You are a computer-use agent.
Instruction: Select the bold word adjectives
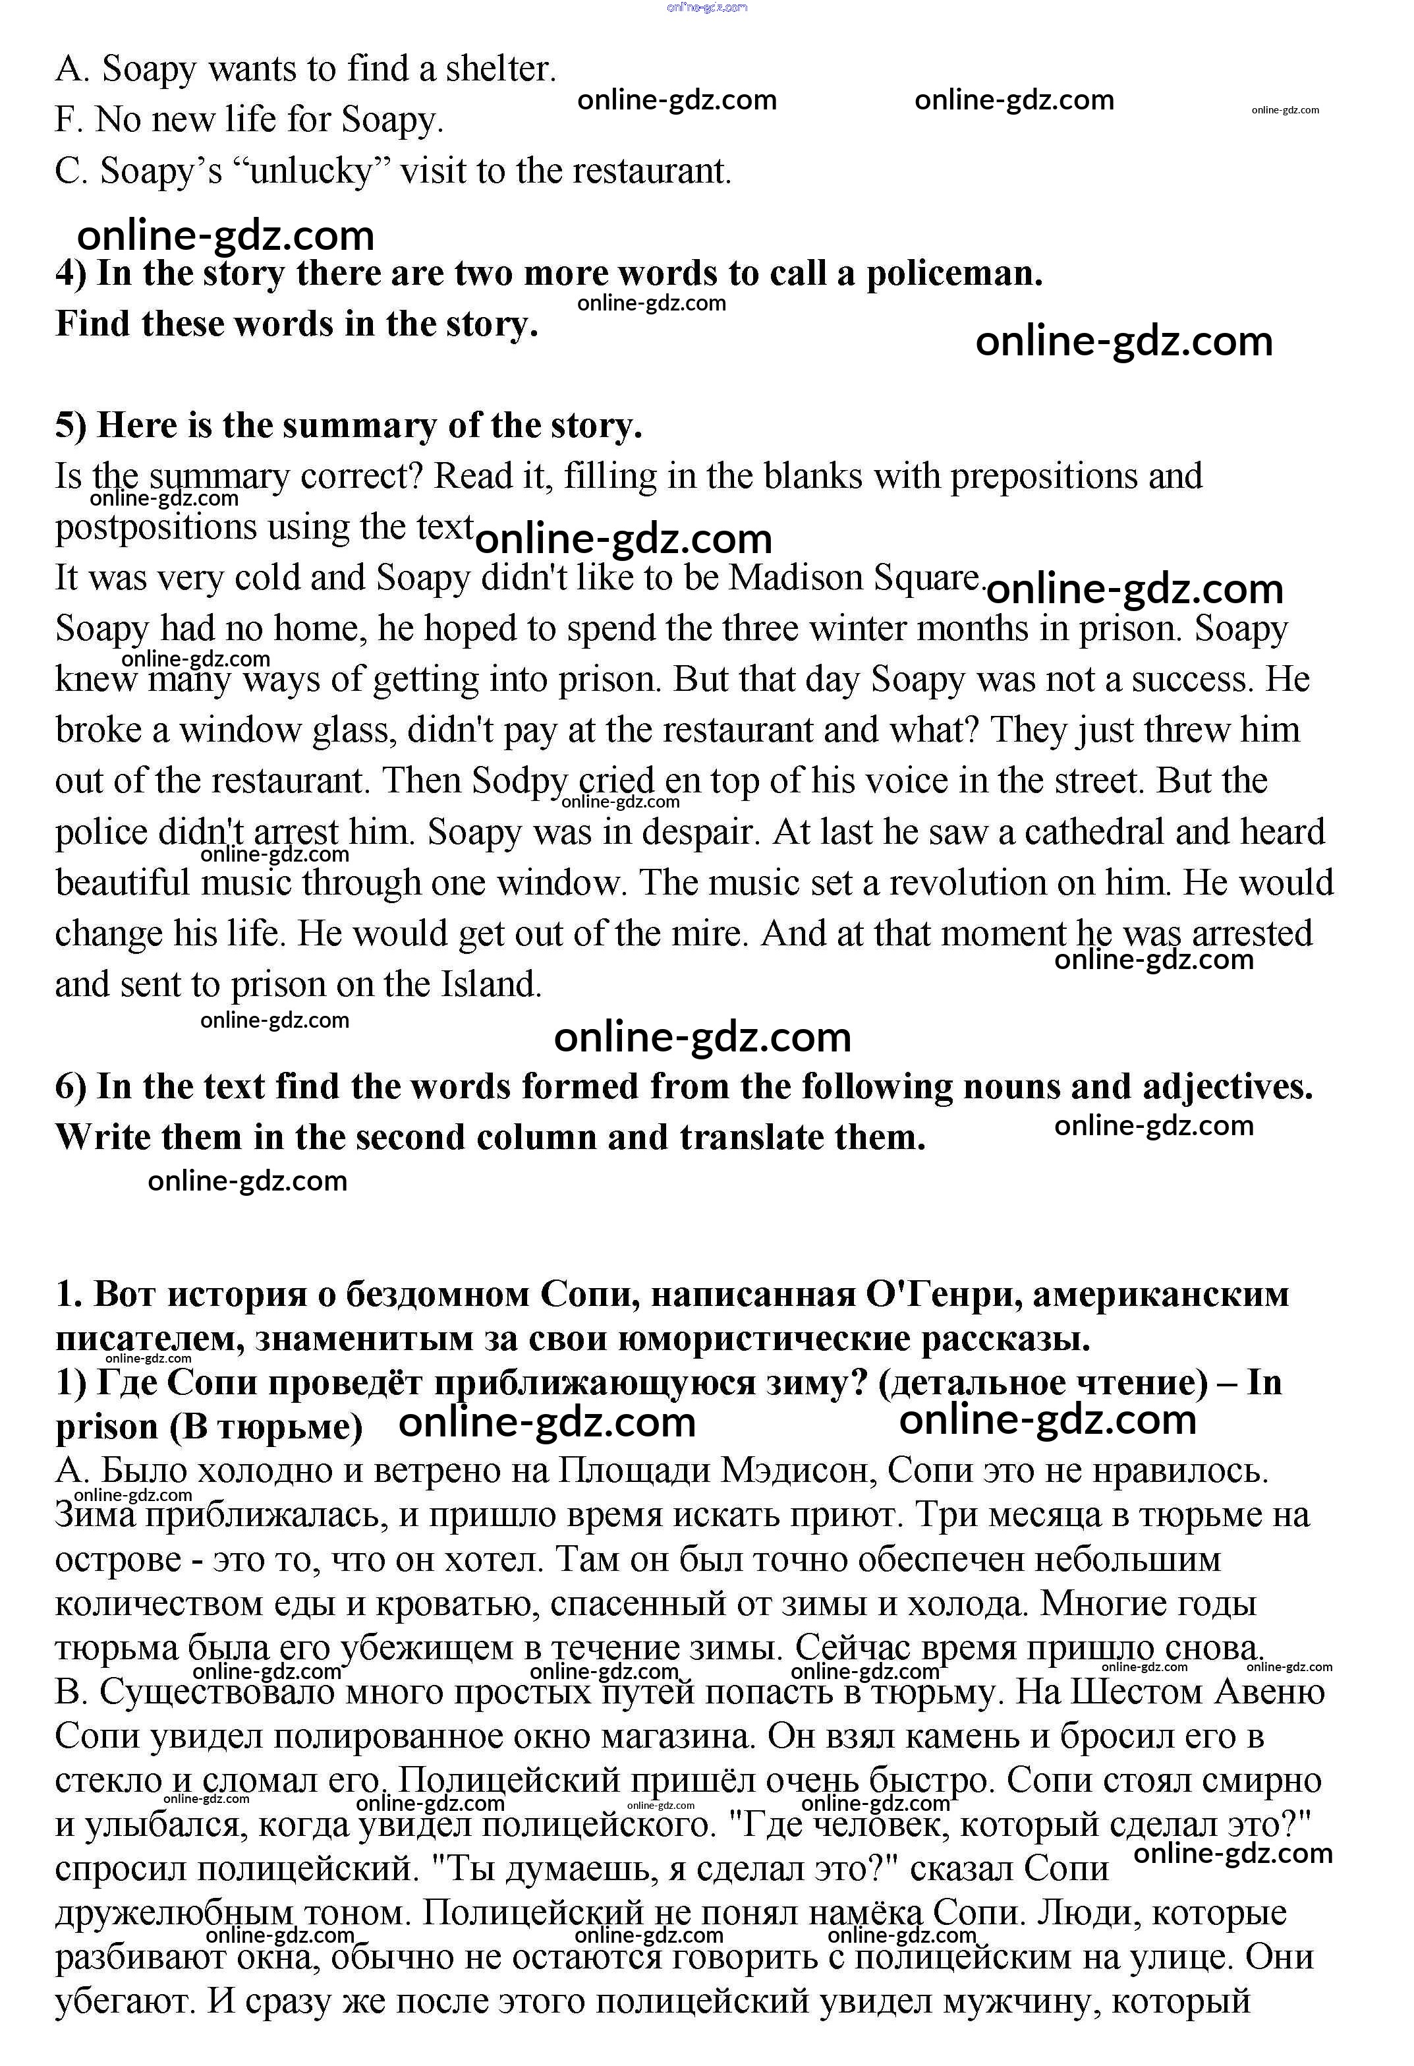pyautogui.click(x=1226, y=1087)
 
